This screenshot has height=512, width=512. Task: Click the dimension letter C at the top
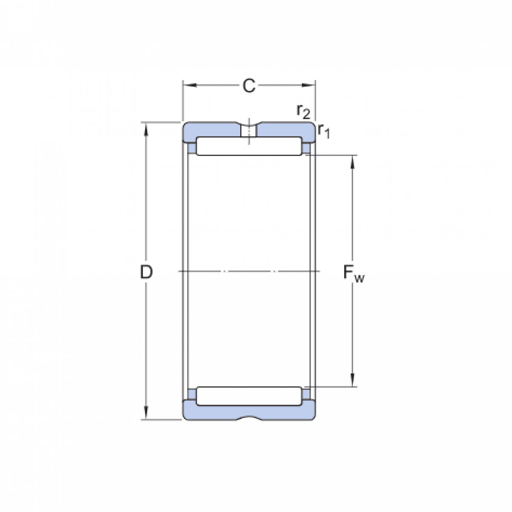(249, 86)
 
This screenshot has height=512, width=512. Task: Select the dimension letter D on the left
(146, 272)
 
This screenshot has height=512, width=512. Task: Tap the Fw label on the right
(354, 273)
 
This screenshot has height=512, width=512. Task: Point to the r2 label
(303, 111)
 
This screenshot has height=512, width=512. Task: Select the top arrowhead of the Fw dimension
(352, 161)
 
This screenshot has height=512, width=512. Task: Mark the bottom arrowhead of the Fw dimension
(352, 381)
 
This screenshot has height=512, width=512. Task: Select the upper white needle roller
(249, 146)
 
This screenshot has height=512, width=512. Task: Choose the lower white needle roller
(249, 396)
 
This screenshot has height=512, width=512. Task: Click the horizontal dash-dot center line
(249, 271)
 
